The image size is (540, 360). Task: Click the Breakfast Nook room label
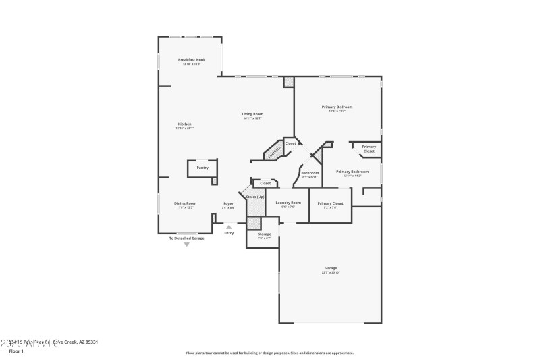(192, 60)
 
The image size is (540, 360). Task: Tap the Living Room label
(252, 114)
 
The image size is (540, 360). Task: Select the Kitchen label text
(185, 124)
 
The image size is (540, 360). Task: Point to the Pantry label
(202, 168)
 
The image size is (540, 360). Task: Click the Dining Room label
(185, 203)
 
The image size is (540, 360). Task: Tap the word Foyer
(229, 203)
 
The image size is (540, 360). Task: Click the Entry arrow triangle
(229, 226)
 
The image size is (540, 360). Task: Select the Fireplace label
(274, 152)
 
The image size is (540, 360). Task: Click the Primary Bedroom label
(337, 107)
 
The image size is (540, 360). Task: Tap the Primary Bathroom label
(352, 172)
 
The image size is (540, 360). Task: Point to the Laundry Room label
(288, 203)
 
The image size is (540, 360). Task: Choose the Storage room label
(264, 234)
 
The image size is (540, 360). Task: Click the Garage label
(330, 268)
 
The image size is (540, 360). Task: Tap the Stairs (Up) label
(255, 197)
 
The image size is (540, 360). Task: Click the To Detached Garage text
(186, 238)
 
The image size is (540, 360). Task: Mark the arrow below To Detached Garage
(187, 244)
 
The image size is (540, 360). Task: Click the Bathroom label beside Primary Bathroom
(310, 173)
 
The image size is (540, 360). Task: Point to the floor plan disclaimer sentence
(269, 353)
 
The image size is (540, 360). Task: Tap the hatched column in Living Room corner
(289, 82)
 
